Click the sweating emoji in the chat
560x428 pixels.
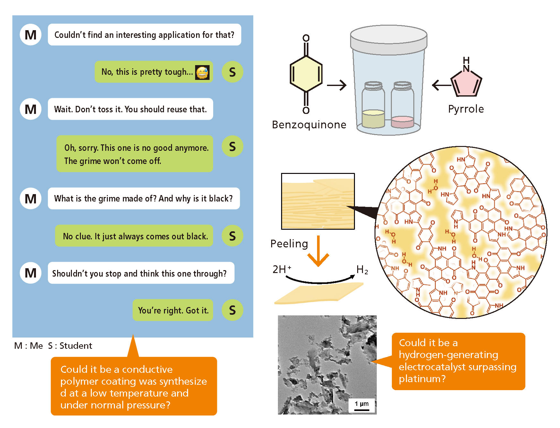(x=202, y=73)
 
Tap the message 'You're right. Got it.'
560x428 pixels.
(x=173, y=310)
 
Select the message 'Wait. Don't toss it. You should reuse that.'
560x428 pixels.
(x=130, y=109)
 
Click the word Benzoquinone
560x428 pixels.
(x=309, y=124)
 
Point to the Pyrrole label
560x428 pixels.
(x=466, y=109)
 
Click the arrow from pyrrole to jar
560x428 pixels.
(x=441, y=85)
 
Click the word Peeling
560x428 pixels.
(x=289, y=244)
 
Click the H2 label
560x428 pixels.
(x=362, y=270)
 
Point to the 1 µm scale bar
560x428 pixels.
(x=362, y=406)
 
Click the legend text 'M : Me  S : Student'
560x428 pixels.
(x=53, y=346)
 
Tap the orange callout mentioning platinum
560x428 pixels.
(x=458, y=361)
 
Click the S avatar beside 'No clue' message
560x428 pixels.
(x=232, y=236)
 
